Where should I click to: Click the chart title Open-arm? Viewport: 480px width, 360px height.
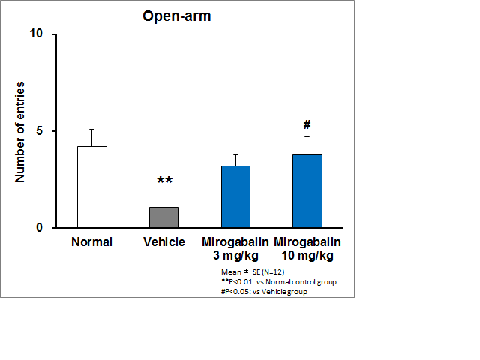pyautogui.click(x=177, y=16)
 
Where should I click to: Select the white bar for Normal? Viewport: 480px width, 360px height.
pyautogui.click(x=92, y=187)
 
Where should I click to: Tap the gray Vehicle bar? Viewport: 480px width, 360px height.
pyautogui.click(x=163, y=217)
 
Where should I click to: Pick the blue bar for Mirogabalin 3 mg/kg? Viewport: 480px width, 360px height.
pyautogui.click(x=235, y=196)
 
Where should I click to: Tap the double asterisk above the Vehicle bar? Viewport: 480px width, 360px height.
pyautogui.click(x=164, y=181)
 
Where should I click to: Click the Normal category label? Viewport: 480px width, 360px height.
pyautogui.click(x=92, y=242)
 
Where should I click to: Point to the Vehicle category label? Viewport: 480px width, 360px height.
pyautogui.click(x=163, y=242)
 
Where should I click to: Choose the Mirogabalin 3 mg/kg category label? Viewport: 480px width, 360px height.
pyautogui.click(x=235, y=248)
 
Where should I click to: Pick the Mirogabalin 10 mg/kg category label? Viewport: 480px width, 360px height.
pyautogui.click(x=307, y=248)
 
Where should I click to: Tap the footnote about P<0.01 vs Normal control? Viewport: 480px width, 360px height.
pyautogui.click(x=279, y=281)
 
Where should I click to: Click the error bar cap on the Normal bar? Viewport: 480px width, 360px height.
pyautogui.click(x=92, y=129)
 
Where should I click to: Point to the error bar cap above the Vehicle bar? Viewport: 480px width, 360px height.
pyautogui.click(x=163, y=199)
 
